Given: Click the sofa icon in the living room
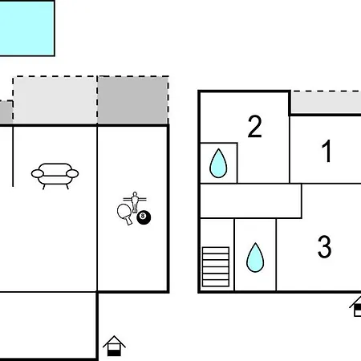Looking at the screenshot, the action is [55, 175].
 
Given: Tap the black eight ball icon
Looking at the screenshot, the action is [144, 217].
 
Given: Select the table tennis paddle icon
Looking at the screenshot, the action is [125, 213].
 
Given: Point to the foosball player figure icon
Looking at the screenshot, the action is [135, 202].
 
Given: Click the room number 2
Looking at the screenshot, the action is [254, 126].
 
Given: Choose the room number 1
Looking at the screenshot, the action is [327, 151].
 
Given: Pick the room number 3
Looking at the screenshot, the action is [325, 246].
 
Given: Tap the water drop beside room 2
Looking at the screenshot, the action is [218, 163].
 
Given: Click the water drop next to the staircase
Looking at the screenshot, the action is [255, 258].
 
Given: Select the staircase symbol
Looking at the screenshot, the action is [216, 267].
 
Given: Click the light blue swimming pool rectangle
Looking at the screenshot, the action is [26, 28].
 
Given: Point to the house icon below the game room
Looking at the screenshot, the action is [114, 346].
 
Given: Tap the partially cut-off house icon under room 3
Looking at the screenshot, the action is [355, 306].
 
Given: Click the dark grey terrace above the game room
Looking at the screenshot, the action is [133, 100].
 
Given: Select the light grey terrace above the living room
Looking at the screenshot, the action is [55, 100].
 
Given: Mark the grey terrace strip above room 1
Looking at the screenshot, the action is [327, 103].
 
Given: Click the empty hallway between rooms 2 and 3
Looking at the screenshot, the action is [251, 201].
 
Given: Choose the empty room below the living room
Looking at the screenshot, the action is [47, 325].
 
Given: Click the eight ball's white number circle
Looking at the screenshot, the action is [143, 215].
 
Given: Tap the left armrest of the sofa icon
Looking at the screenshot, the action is [38, 173].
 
